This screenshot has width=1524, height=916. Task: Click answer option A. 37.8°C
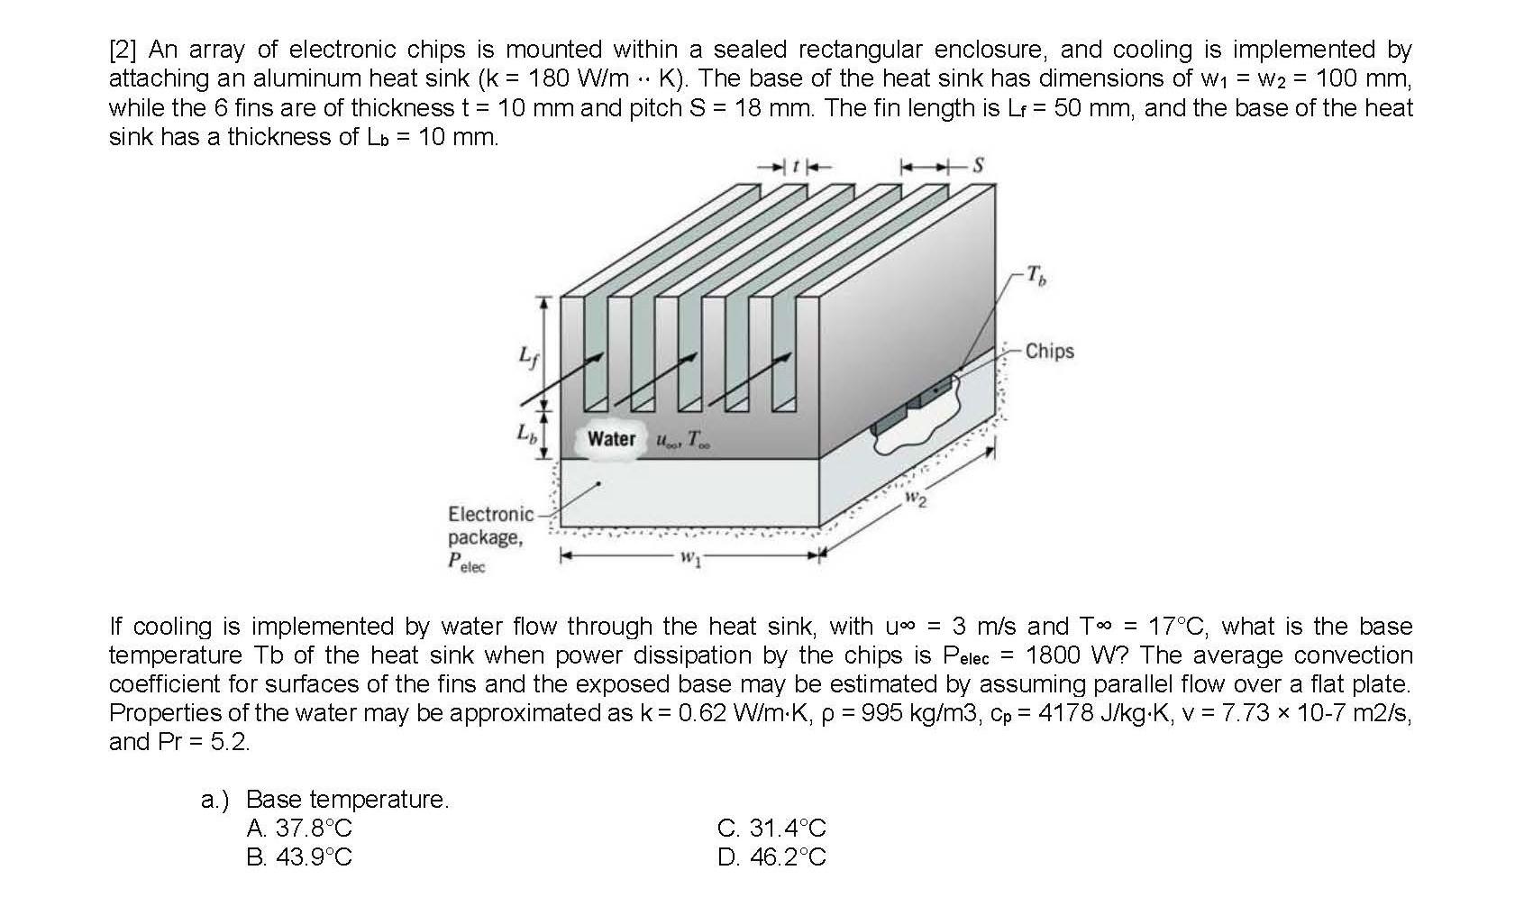(298, 828)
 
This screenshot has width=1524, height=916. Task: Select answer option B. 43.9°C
(298, 856)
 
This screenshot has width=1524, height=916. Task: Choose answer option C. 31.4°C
(771, 828)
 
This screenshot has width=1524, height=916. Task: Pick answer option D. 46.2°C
(771, 856)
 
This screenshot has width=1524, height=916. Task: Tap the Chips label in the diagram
(1049, 352)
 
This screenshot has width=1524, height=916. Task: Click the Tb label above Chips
(1037, 278)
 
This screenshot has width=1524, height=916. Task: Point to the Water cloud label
(612, 439)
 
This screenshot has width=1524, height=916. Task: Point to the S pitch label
(979, 166)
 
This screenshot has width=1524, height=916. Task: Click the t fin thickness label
(795, 167)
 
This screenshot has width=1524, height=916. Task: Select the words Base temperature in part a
(346, 799)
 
